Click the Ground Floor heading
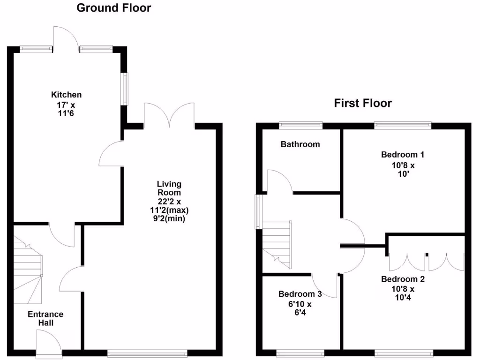click(x=114, y=8)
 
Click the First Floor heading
click(x=363, y=103)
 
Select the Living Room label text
click(x=169, y=188)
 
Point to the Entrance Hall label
click(x=45, y=318)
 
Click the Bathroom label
click(x=300, y=144)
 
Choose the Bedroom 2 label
click(x=403, y=279)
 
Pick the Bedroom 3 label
click(x=300, y=294)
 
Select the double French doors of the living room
click(x=169, y=115)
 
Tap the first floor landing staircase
click(x=277, y=241)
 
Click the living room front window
click(x=147, y=353)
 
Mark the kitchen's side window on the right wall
click(x=125, y=89)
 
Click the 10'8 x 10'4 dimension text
click(x=403, y=293)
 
